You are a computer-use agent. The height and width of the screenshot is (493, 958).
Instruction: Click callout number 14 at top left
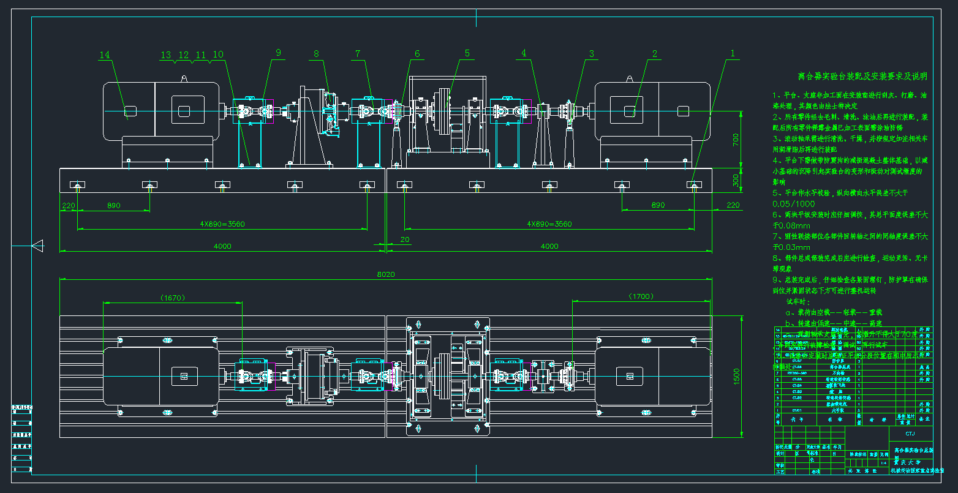[105, 55]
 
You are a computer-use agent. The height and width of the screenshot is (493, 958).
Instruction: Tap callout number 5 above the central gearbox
[467, 53]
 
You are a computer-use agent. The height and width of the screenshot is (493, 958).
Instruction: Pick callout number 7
[358, 54]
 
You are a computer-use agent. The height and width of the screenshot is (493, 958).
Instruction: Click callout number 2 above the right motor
[654, 54]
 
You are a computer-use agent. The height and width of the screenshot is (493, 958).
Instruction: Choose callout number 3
[592, 54]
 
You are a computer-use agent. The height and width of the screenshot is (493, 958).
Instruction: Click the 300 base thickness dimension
[736, 179]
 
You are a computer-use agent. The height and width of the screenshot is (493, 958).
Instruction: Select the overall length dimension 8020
[387, 274]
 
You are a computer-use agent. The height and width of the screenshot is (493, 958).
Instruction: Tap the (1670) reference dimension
[172, 298]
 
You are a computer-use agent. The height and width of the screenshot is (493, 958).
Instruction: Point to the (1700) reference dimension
[641, 296]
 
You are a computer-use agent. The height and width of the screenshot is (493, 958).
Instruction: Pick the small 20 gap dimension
[404, 239]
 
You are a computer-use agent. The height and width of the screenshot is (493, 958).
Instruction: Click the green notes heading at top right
[862, 77]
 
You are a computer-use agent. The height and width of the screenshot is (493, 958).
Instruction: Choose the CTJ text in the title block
[910, 434]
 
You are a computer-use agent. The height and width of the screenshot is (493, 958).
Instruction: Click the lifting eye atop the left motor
[184, 78]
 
